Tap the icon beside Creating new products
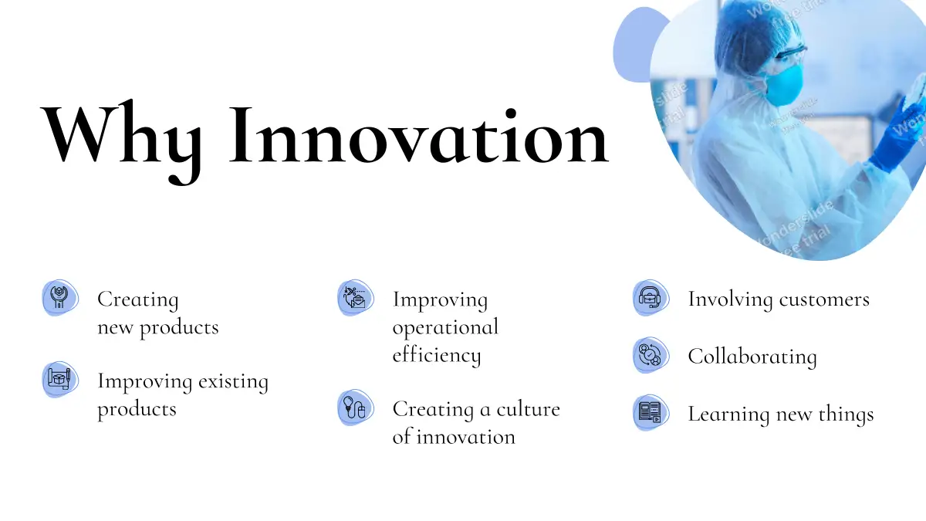point(60,298)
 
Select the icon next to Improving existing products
point(60,380)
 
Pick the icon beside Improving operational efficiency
point(356,298)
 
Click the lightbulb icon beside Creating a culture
point(356,408)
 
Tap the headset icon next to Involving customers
point(651,298)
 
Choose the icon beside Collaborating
point(651,355)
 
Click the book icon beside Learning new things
point(651,413)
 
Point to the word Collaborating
point(752,357)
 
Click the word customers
point(824,299)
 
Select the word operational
point(446,328)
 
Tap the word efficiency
point(437,356)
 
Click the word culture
point(529,409)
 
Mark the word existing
point(234,381)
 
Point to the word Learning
point(728,414)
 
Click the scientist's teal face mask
point(784,86)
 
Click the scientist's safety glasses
point(789,54)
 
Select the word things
point(847,414)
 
